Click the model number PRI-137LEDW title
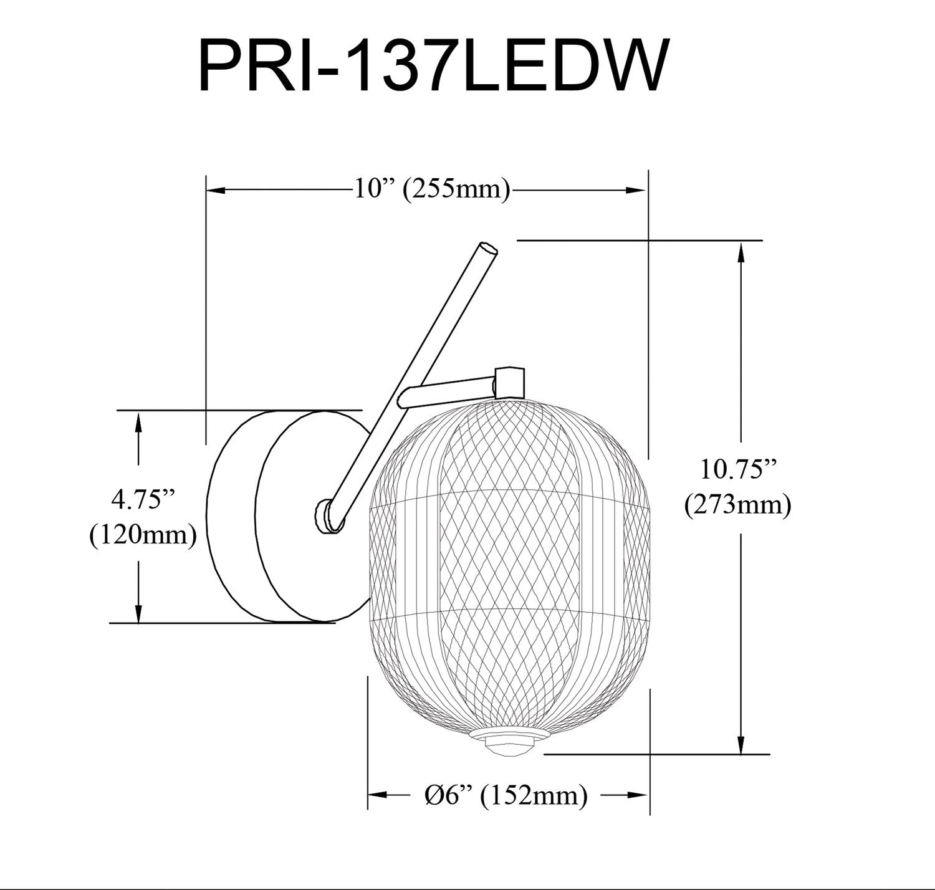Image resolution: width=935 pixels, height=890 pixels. (433, 66)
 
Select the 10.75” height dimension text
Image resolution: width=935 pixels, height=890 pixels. (739, 469)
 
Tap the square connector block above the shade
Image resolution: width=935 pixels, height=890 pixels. (510, 382)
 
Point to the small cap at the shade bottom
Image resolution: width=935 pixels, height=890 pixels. (510, 744)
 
